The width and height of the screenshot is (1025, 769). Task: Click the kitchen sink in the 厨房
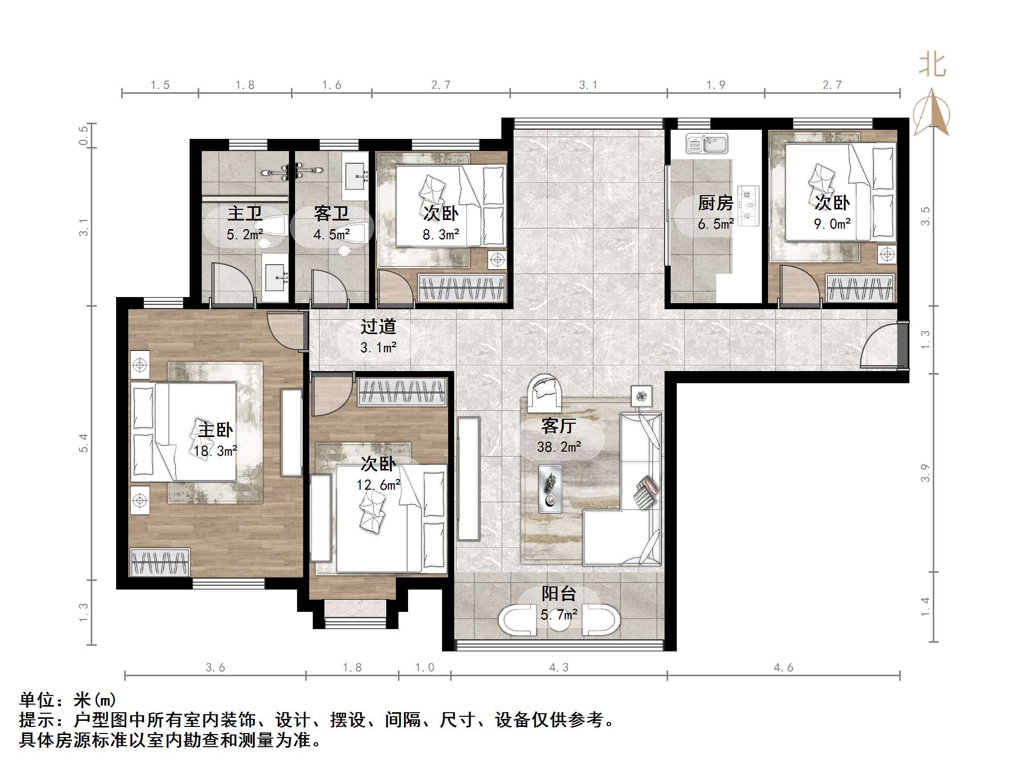tap(707, 144)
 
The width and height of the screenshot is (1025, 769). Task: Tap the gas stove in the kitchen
tap(748, 205)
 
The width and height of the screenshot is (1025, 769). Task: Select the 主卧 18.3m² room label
tap(215, 440)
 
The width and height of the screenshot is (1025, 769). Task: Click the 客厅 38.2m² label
tap(559, 435)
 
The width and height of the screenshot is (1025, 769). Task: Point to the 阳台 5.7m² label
tap(559, 604)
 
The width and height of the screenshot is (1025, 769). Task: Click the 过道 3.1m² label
tap(378, 337)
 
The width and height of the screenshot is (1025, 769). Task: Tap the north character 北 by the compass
tap(932, 65)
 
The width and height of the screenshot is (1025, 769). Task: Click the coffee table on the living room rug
tap(550, 488)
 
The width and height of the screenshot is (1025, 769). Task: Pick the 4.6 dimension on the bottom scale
tap(783, 668)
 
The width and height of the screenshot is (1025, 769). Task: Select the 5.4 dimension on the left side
tap(84, 443)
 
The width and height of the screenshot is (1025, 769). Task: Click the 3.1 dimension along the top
tap(588, 85)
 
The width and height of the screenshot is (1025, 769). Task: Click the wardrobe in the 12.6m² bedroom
tap(402, 391)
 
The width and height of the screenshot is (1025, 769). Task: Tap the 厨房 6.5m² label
tap(715, 213)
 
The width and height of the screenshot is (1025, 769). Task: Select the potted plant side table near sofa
tap(642, 396)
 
